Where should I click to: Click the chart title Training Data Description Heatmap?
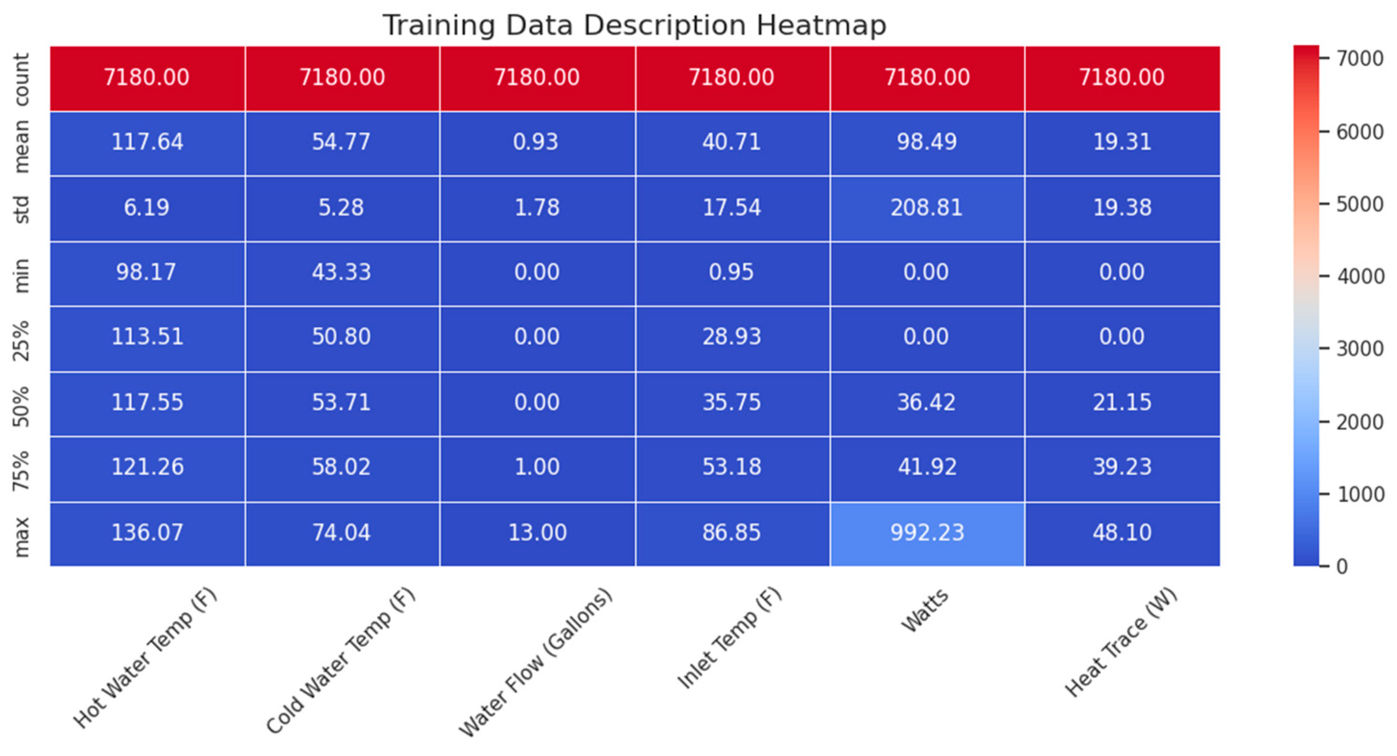click(634, 25)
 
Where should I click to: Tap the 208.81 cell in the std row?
click(927, 208)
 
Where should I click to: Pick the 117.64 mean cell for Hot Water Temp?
click(147, 142)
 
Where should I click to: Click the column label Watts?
click(925, 610)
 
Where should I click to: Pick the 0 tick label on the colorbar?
click(1343, 566)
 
